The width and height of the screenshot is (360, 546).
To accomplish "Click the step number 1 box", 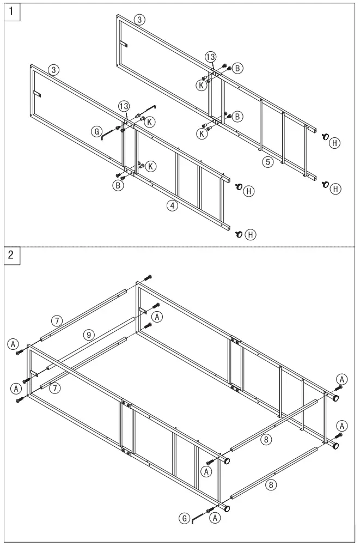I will (11, 11).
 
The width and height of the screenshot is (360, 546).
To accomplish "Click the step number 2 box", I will (11, 254).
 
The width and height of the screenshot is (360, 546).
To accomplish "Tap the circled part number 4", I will (172, 205).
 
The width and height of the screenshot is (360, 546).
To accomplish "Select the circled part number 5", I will (267, 162).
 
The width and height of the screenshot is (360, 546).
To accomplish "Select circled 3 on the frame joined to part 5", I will (140, 20).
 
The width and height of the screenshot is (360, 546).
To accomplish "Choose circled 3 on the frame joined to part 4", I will (53, 70).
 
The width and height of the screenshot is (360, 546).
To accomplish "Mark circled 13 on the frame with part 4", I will (124, 105).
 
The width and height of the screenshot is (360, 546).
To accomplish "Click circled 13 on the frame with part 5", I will (210, 57).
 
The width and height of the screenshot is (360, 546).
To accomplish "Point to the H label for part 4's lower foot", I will (251, 234).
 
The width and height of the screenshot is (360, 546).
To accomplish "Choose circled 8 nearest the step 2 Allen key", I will (271, 483).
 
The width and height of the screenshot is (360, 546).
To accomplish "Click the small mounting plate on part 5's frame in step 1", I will (123, 44).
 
